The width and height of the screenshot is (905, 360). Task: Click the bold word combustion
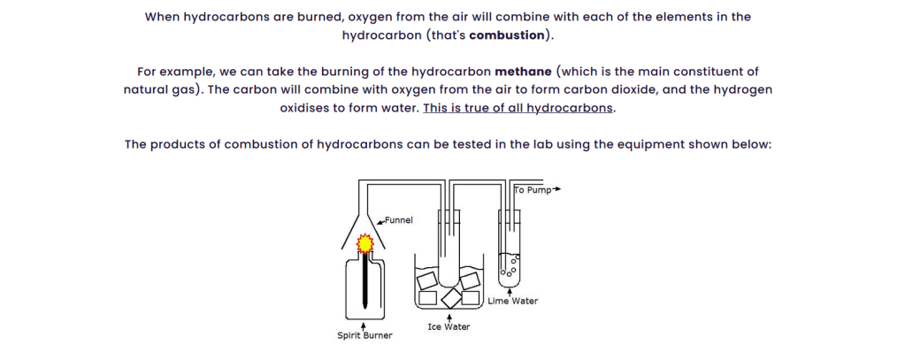pos(507,35)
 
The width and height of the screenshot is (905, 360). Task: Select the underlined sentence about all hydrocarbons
pos(518,109)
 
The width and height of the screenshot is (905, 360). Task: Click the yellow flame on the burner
pos(364,244)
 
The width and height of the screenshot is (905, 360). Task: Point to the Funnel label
pos(399,220)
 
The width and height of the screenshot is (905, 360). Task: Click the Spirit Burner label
pos(364,335)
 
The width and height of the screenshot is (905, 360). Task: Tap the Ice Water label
pos(449,327)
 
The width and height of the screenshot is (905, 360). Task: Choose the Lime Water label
pos(512,301)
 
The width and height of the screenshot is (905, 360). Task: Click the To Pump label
pos(533,190)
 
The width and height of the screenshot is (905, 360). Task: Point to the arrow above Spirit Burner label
pos(363,326)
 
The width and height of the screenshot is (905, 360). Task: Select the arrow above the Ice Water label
pos(449,318)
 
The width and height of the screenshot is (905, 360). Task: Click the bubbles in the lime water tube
pos(510,266)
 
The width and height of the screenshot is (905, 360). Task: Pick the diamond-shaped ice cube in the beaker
pos(451,298)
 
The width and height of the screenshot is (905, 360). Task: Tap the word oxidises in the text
pos(303,109)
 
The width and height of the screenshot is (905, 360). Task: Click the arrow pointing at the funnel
pos(380,220)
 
